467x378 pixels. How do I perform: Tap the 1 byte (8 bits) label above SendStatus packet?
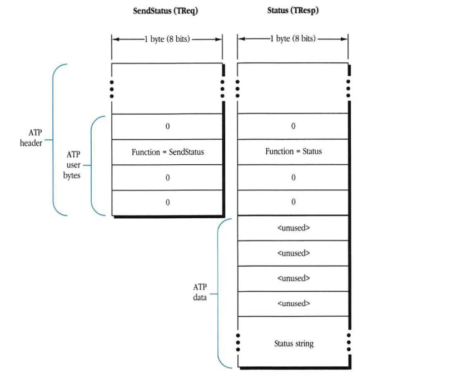pyautogui.click(x=167, y=39)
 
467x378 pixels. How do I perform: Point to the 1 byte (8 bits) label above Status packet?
pyautogui.click(x=293, y=39)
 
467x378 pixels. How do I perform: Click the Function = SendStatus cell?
pyautogui.click(x=167, y=152)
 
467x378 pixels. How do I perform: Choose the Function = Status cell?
pyautogui.click(x=293, y=151)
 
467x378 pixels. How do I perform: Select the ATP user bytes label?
pyautogui.click(x=73, y=165)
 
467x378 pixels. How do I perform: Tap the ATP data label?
pyautogui.click(x=200, y=292)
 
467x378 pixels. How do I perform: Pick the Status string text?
pyautogui.click(x=294, y=343)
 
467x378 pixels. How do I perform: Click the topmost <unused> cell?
pyautogui.click(x=293, y=228)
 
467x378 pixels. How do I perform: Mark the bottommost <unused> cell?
pyautogui.click(x=293, y=303)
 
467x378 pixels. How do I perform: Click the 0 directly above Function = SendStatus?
pyautogui.click(x=167, y=126)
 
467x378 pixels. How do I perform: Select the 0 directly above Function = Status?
pyautogui.click(x=293, y=126)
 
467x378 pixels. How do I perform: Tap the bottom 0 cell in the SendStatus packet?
pyautogui.click(x=167, y=203)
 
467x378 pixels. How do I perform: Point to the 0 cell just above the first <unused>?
pyautogui.click(x=293, y=203)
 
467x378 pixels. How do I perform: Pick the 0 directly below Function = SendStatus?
pyautogui.click(x=167, y=178)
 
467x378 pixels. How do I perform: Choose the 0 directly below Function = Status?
pyautogui.click(x=293, y=178)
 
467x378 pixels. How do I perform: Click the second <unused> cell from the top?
pyautogui.click(x=293, y=253)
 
